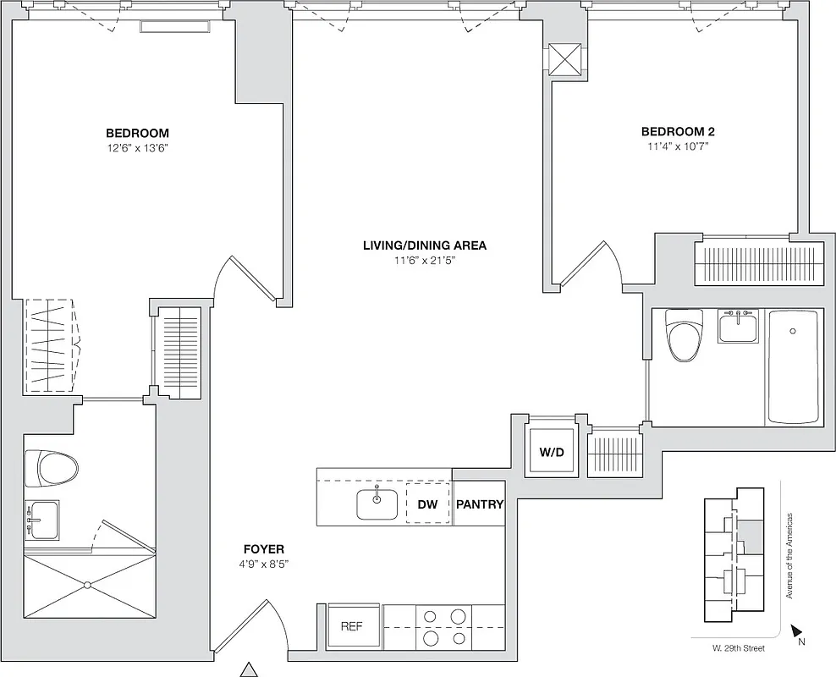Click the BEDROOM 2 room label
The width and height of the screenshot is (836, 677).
[x=678, y=131]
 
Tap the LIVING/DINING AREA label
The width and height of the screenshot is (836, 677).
[x=424, y=245]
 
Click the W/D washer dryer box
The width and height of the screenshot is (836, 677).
[x=551, y=452]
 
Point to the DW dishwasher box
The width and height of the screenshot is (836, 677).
[x=427, y=504]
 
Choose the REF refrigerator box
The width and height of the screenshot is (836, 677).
[x=352, y=627]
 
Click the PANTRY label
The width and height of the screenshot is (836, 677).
[x=480, y=504]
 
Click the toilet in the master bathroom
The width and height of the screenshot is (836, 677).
[x=51, y=467]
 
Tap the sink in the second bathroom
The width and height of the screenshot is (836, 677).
[x=740, y=326]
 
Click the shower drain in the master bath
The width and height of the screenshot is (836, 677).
[x=87, y=584]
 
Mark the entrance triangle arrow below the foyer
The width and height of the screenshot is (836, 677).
[x=248, y=669]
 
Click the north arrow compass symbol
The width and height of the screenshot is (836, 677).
[x=795, y=631]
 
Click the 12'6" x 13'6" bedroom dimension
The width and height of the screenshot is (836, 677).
[x=137, y=147]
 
